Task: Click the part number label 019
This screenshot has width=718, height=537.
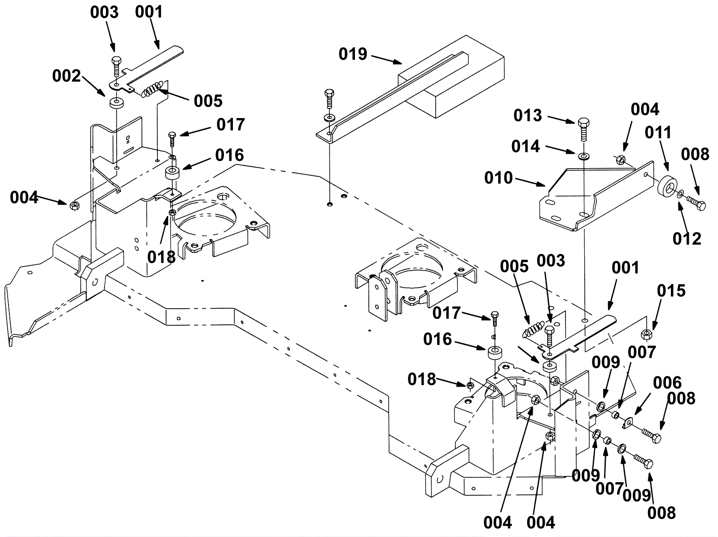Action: tap(353, 54)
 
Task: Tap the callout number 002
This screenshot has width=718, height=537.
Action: tap(66, 76)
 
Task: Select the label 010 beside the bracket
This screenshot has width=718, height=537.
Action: tap(499, 178)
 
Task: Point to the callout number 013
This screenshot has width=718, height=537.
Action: tap(528, 115)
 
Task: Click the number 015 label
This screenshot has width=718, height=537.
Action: tap(671, 291)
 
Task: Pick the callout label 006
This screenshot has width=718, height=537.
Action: tap(667, 383)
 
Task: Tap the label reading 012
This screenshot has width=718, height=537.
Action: tap(687, 239)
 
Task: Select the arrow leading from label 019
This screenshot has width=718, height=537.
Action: tap(387, 60)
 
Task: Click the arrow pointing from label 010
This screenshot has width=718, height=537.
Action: tap(530, 182)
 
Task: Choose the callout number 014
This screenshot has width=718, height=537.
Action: tap(525, 146)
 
